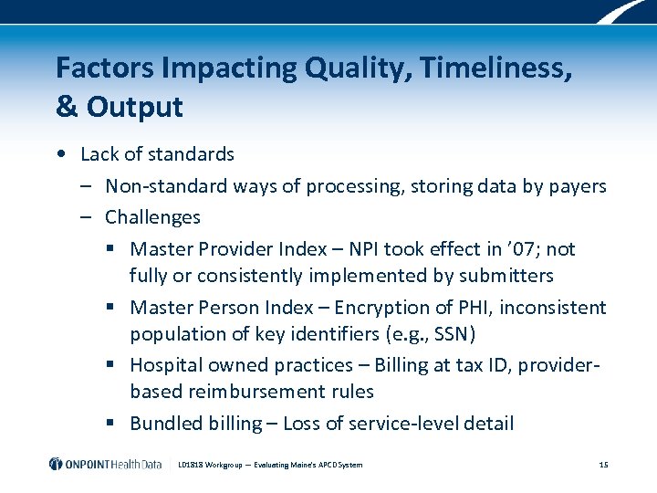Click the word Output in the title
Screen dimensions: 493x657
point(134,107)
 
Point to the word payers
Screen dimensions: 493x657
point(577,186)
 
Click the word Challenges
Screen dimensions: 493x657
point(152,217)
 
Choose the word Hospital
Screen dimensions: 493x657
point(166,365)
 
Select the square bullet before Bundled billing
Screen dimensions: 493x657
point(109,424)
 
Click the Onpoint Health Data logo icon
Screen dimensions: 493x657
point(56,464)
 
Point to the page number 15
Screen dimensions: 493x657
point(603,465)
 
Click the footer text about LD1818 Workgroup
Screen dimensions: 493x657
point(283,465)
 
